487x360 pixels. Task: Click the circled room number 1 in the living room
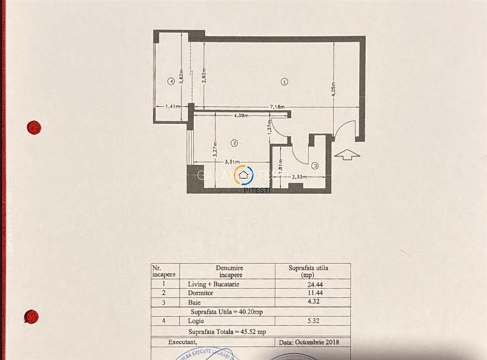[284, 81]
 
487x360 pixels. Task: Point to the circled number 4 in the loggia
[170, 81]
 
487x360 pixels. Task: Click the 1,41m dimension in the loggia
[172, 107]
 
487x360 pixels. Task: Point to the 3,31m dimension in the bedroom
[232, 162]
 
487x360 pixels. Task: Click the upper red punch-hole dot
[34, 127]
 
